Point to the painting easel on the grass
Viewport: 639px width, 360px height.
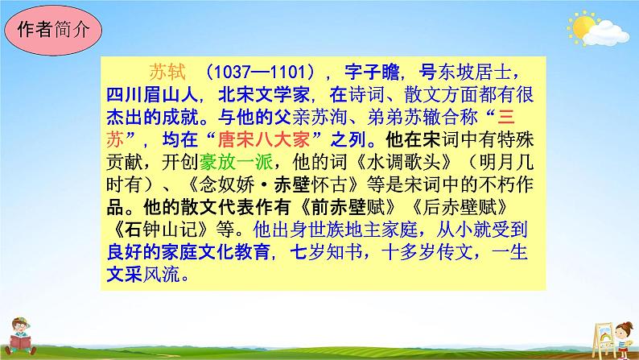coord(596,331)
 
